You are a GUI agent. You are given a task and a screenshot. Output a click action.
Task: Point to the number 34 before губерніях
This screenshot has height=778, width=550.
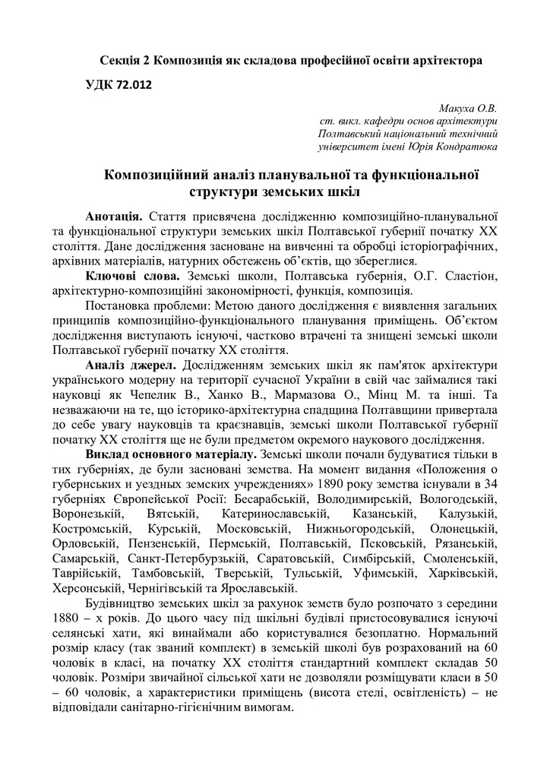(490, 485)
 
